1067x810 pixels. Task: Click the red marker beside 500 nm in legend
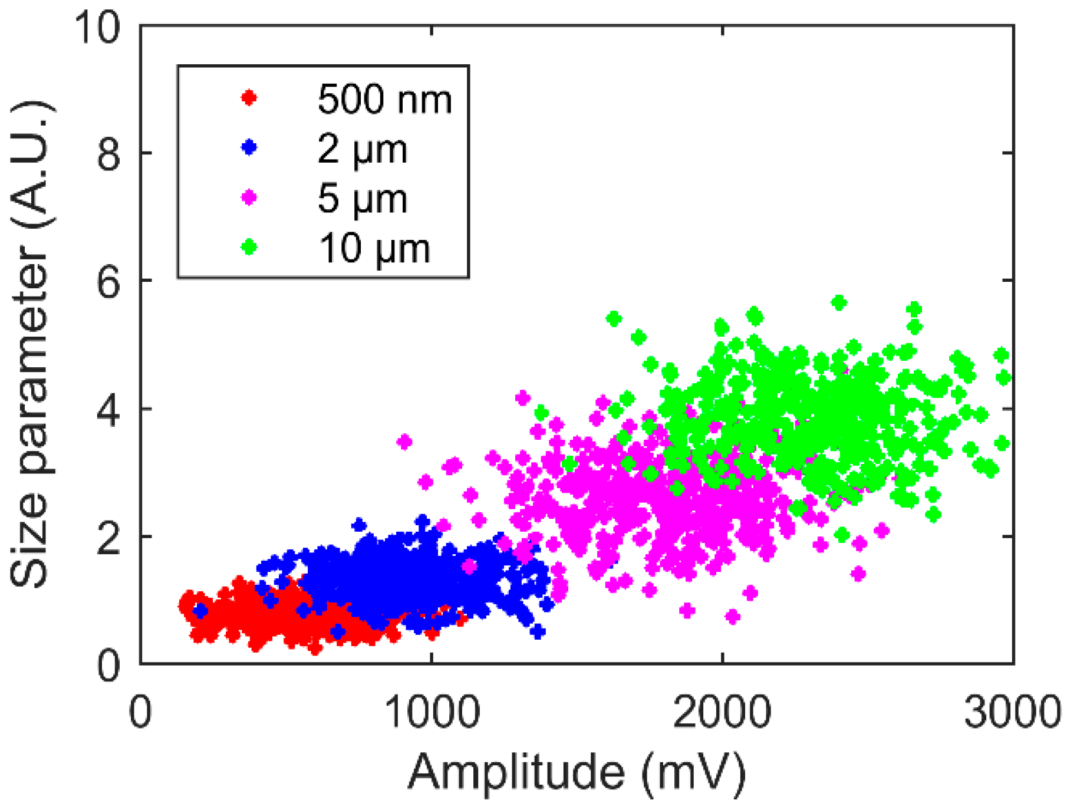(x=249, y=97)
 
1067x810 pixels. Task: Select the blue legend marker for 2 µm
(x=249, y=147)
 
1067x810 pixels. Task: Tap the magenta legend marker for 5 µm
(x=249, y=197)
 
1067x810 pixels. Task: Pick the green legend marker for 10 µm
(x=249, y=246)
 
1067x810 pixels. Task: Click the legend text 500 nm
(x=384, y=98)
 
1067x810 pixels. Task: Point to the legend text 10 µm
(x=374, y=248)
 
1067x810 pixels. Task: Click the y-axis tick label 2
(x=108, y=538)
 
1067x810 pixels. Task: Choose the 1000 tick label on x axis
(x=432, y=712)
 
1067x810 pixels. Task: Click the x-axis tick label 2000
(x=722, y=712)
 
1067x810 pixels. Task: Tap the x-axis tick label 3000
(x=1012, y=712)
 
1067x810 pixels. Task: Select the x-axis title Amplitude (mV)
(x=577, y=772)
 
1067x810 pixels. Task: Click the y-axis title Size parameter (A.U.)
(x=31, y=345)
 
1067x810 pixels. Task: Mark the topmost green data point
(x=839, y=303)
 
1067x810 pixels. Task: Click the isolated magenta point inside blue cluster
(x=469, y=567)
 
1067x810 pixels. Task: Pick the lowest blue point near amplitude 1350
(x=538, y=631)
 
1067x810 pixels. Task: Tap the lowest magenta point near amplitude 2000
(x=732, y=617)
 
